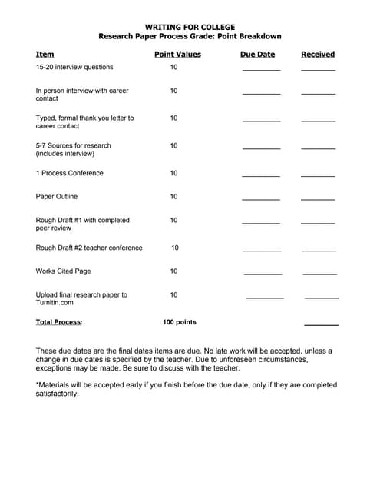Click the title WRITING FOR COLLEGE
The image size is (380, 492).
click(x=190, y=27)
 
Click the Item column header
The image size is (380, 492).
click(x=45, y=55)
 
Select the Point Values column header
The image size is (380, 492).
click(x=177, y=55)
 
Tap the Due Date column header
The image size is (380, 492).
click(x=257, y=55)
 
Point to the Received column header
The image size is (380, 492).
click(x=318, y=55)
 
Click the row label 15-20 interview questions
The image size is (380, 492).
click(x=74, y=68)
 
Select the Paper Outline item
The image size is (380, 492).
click(x=57, y=197)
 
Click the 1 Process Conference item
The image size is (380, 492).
click(x=69, y=173)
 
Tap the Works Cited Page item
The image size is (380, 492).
click(x=63, y=271)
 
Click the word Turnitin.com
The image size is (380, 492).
click(x=54, y=303)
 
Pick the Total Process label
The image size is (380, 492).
click(x=59, y=323)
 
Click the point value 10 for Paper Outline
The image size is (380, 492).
click(x=173, y=197)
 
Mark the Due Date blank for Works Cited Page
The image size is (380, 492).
click(x=263, y=274)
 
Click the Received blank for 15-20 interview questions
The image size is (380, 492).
click(x=318, y=70)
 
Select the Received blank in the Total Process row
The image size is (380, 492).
click(x=321, y=325)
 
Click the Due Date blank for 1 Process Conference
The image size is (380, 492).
click(x=261, y=175)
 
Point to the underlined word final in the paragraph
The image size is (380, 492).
click(x=126, y=351)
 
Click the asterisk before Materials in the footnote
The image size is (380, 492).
click(x=38, y=385)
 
